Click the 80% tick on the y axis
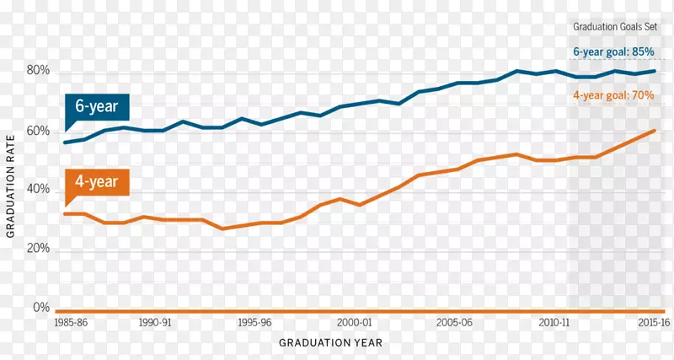(x=39, y=72)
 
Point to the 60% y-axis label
(x=39, y=132)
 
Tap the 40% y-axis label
(x=39, y=191)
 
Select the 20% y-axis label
(x=39, y=250)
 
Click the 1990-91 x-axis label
(x=156, y=323)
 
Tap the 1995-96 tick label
(x=254, y=323)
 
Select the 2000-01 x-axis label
(x=354, y=323)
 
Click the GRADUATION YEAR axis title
(x=331, y=343)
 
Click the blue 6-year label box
(x=97, y=108)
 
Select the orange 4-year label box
(x=97, y=180)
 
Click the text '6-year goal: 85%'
(x=613, y=52)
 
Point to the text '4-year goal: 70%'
(x=613, y=96)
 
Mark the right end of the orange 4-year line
(x=655, y=131)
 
